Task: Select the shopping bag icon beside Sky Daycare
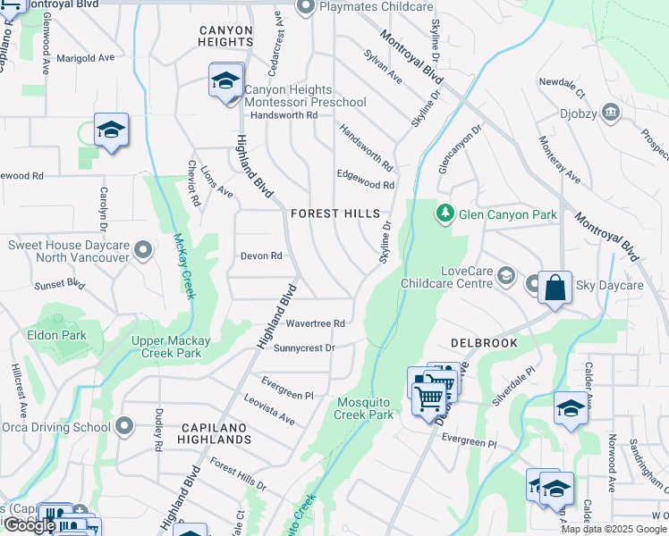tap(555, 288)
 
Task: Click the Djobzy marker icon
tap(611, 113)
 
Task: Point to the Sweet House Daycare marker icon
tap(142, 251)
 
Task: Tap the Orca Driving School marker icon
tap(124, 427)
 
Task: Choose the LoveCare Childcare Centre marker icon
tap(507, 276)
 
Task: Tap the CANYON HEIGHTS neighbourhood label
tap(226, 36)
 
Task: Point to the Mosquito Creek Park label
tap(364, 408)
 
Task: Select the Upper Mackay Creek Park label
tap(171, 347)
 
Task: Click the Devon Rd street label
tap(261, 255)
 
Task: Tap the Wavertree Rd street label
tap(315, 322)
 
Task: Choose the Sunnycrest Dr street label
tap(304, 348)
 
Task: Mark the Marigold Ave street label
tap(86, 57)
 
